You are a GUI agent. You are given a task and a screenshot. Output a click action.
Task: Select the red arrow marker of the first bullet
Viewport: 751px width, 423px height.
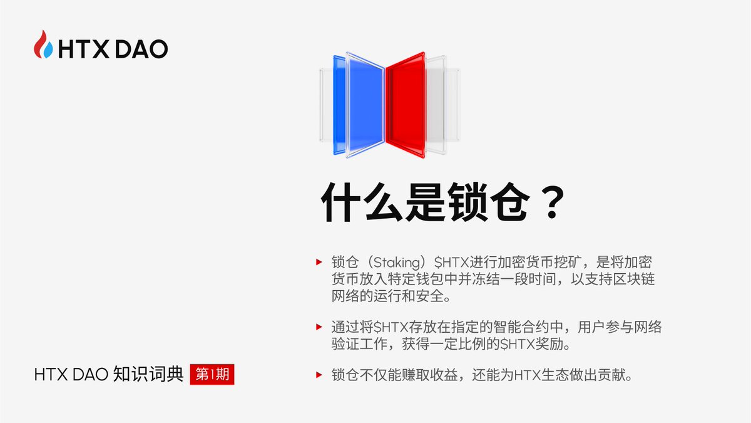(319, 261)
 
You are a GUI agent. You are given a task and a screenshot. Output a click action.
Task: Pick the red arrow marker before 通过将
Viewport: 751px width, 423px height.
(319, 326)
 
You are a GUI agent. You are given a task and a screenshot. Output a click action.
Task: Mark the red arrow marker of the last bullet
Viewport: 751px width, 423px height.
(319, 375)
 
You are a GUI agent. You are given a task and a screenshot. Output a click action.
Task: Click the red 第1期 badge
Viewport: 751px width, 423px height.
(212, 375)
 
